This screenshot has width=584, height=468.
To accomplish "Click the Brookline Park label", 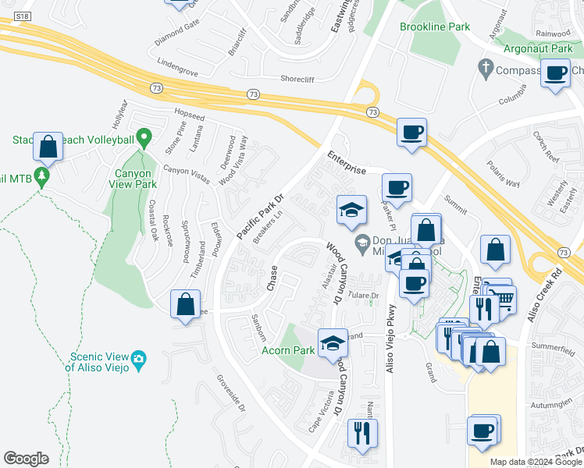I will [x=435, y=27].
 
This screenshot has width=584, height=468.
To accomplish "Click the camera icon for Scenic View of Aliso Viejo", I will [x=139, y=360].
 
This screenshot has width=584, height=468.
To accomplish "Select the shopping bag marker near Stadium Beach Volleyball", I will [x=48, y=146].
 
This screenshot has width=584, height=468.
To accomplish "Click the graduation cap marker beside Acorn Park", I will [x=333, y=342].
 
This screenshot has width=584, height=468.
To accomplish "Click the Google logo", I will [x=26, y=459].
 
